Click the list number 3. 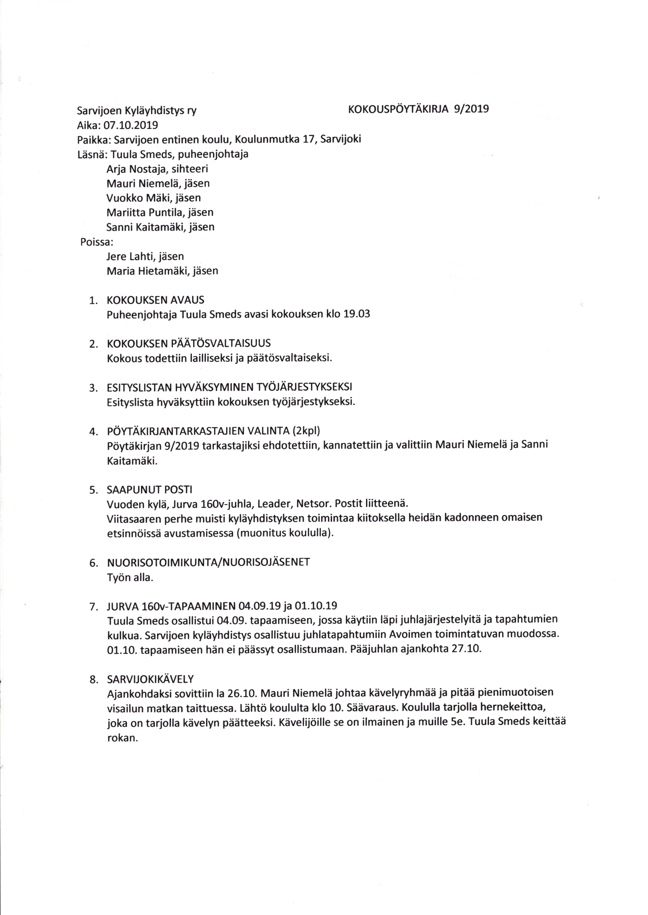(93, 388)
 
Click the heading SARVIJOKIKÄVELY (150, 679)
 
